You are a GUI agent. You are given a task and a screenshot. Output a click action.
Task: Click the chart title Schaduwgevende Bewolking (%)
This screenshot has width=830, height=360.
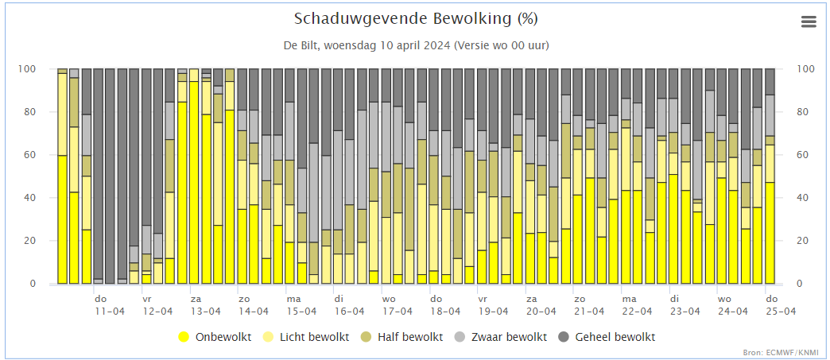[416, 19]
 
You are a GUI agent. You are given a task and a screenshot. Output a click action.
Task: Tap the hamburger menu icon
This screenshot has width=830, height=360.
[809, 21]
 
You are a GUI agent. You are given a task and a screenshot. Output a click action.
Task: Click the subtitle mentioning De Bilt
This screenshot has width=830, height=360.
[416, 45]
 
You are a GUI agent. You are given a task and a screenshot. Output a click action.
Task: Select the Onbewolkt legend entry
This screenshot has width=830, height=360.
[215, 337]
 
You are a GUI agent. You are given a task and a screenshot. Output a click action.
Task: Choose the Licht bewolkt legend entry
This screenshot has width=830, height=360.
[307, 337]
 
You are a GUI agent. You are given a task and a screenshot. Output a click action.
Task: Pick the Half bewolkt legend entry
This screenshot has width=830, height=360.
[402, 337]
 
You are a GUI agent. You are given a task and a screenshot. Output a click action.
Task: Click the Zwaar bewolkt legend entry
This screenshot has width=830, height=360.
[501, 337]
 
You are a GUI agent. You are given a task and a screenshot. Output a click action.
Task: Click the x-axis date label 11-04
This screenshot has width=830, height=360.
[110, 312]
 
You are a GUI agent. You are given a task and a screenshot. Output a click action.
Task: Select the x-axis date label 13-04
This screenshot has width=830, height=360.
[206, 312]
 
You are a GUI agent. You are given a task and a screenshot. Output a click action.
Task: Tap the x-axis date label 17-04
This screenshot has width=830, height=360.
[397, 312]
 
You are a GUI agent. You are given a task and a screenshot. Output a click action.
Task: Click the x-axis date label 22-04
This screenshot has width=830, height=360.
[637, 312]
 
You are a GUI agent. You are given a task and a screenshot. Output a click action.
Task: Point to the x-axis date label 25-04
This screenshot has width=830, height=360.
[781, 312]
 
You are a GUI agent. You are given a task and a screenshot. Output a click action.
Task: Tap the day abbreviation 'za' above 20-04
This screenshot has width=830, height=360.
[531, 299]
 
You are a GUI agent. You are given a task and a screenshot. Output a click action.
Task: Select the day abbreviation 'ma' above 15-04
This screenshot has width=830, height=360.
[293, 299]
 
